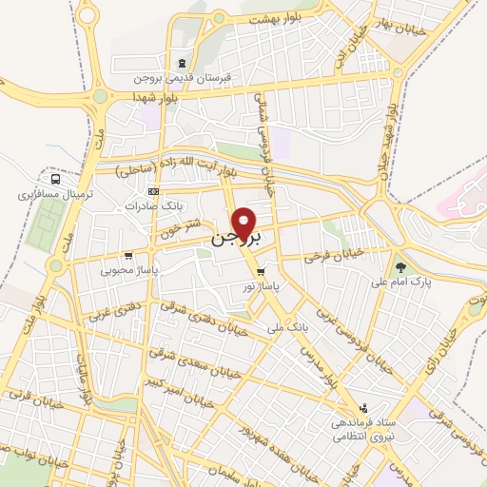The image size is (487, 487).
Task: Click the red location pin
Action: (x=245, y=223)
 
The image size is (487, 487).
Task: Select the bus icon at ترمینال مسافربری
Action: (x=56, y=178)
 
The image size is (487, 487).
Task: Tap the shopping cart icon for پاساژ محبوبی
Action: (x=128, y=255)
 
